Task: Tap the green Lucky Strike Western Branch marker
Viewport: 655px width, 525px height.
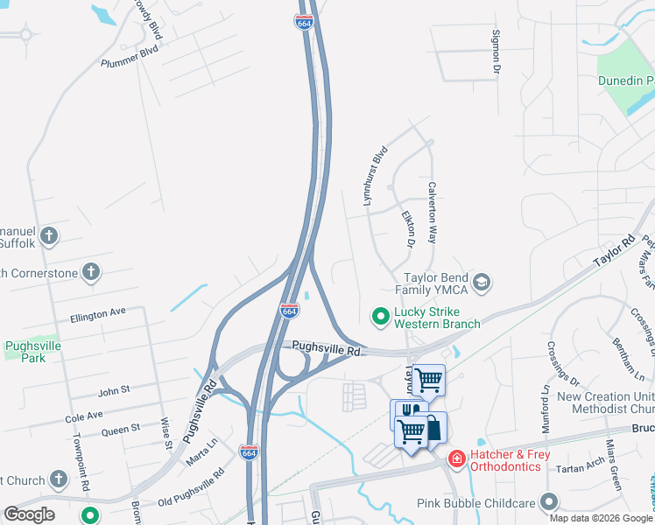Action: [381, 315]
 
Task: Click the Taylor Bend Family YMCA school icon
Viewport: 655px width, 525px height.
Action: [481, 282]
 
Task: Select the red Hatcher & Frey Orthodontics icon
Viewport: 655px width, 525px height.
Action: [456, 458]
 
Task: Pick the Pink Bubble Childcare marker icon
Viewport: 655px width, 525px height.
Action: [549, 501]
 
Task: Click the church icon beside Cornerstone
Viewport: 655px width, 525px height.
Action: [89, 271]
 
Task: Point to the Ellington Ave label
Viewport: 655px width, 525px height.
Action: [99, 312]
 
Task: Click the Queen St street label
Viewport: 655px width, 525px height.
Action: [121, 430]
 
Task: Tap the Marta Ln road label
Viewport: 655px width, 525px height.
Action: [202, 458]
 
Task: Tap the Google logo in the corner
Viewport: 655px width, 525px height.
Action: [29, 514]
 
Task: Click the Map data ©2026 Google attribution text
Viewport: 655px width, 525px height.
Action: [601, 518]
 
